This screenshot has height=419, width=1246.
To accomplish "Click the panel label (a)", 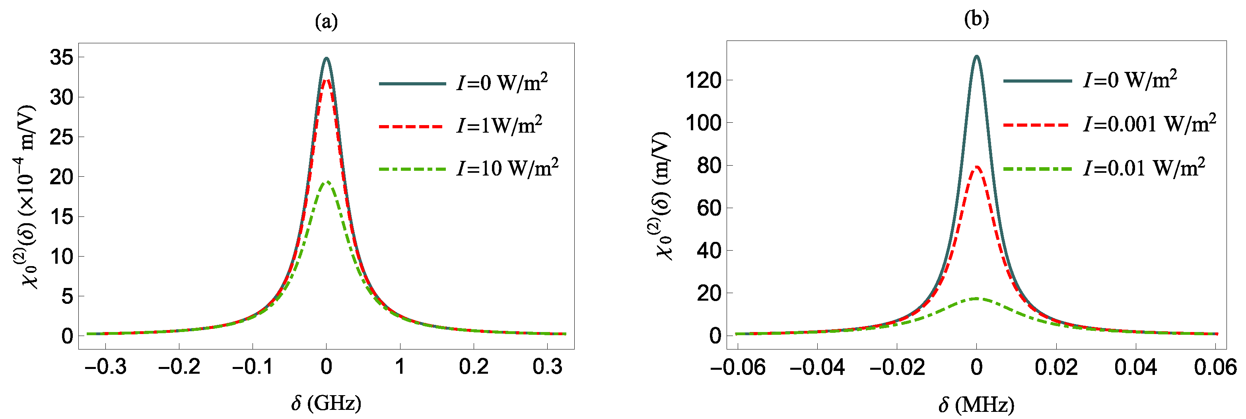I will coord(326,22).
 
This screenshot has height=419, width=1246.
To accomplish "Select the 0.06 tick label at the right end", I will coord(1215,368).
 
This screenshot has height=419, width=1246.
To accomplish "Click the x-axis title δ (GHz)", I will coord(326,403).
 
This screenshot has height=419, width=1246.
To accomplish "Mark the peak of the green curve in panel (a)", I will coord(327,182).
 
